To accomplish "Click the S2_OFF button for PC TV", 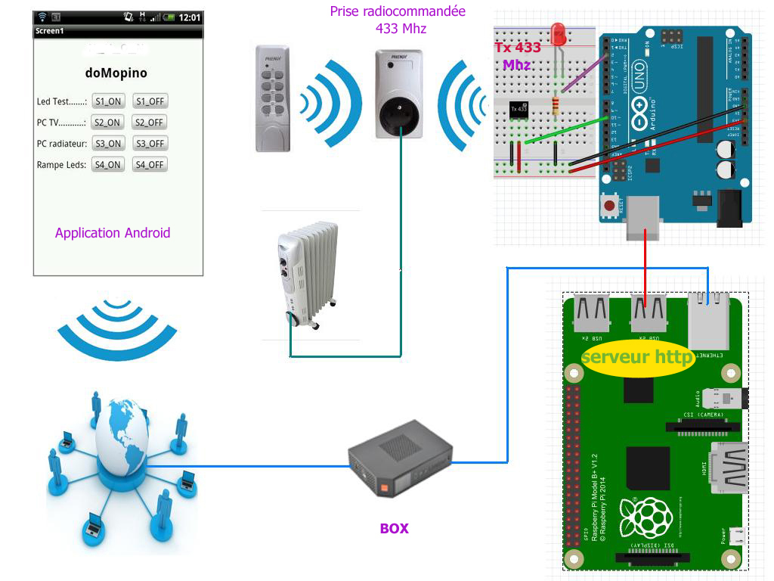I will (149, 122).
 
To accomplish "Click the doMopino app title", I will (116, 73).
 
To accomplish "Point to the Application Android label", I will (113, 233).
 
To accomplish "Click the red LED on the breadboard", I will (559, 33).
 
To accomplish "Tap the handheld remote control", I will (272, 98).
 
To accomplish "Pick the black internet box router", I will (399, 457).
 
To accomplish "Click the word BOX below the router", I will (394, 529).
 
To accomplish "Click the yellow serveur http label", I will (637, 356).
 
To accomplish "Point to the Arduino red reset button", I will (608, 204).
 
